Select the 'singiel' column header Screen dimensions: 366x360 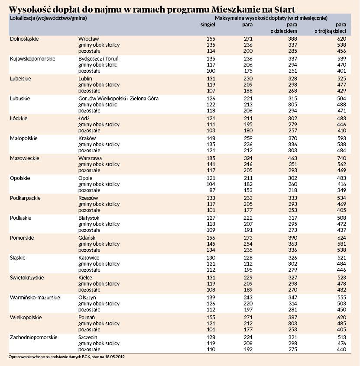click(x=208, y=24)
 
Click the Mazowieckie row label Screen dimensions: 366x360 click(x=25, y=158)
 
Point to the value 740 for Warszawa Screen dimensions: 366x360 click(x=341, y=158)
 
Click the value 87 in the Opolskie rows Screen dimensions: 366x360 click(x=212, y=190)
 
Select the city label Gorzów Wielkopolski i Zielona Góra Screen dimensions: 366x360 click(x=118, y=99)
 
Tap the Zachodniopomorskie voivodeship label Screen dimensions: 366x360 click(x=34, y=337)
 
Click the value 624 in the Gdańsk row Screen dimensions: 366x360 click(x=341, y=238)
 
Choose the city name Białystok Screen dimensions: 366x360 click(x=89, y=218)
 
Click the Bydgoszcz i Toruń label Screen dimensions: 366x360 click(x=98, y=59)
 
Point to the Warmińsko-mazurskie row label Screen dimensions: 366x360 click(x=35, y=298)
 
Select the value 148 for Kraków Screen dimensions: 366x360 click(x=211, y=138)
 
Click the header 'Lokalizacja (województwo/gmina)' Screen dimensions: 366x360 click(x=48, y=18)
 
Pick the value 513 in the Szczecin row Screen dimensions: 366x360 click(x=341, y=337)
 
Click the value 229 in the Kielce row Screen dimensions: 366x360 click(x=248, y=278)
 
